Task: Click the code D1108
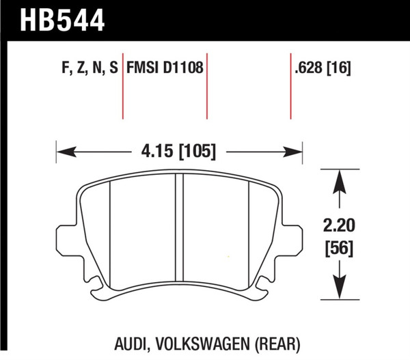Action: (183, 70)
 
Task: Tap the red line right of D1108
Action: (207, 89)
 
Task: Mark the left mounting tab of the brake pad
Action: (67, 236)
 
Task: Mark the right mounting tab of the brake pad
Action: (292, 236)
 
